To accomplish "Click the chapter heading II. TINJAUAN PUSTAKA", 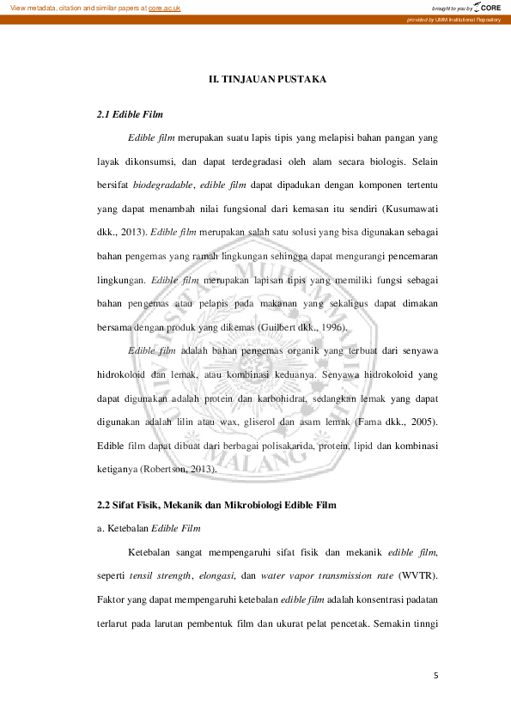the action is [x=268, y=80].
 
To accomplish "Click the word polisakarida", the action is [x=295, y=447].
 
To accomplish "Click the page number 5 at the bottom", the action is [x=435, y=675].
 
